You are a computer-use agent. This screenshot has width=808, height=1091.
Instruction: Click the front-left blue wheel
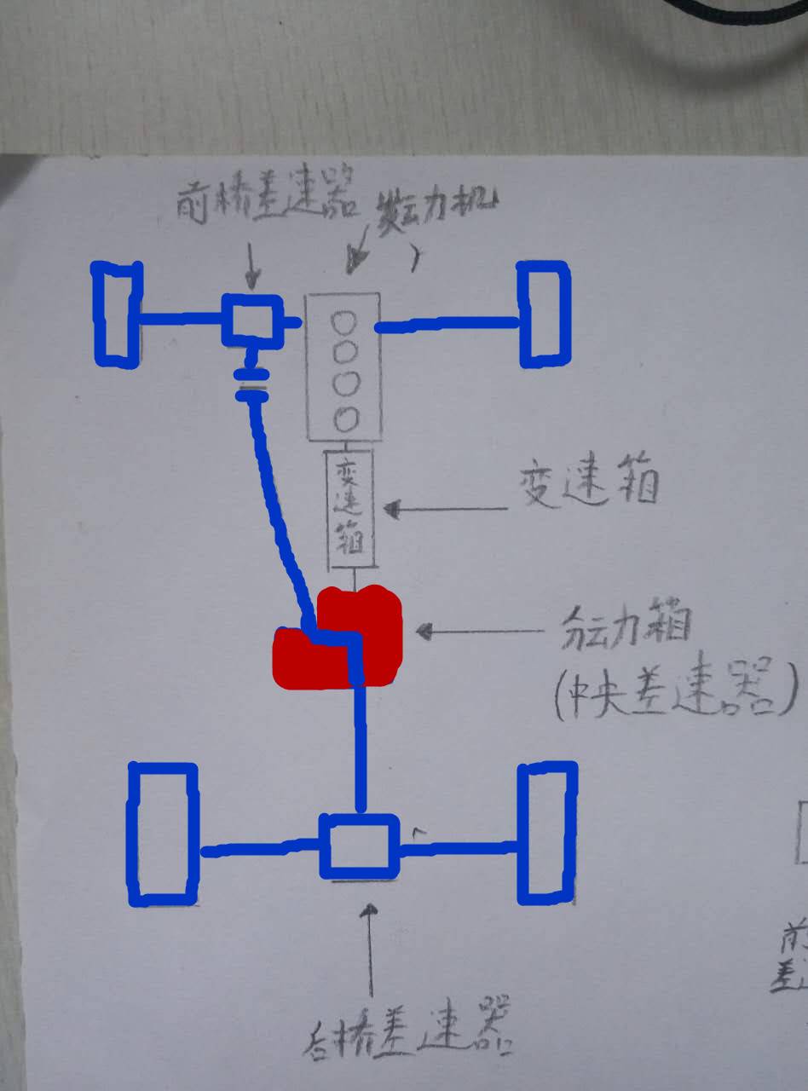pyautogui.click(x=117, y=314)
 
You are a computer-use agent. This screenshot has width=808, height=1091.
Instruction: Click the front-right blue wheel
pyautogui.click(x=543, y=314)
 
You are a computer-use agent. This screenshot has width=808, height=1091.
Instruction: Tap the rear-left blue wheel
pyautogui.click(x=162, y=834)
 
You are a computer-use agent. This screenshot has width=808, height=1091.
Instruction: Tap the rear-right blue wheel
pyautogui.click(x=547, y=834)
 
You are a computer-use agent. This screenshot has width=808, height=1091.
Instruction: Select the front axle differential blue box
pyautogui.click(x=251, y=320)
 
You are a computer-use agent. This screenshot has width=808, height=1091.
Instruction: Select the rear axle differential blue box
pyautogui.click(x=359, y=846)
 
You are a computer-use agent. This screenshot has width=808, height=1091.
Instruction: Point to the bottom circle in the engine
pyautogui.click(x=343, y=419)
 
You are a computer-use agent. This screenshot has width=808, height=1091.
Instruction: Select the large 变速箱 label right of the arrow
pyautogui.click(x=589, y=487)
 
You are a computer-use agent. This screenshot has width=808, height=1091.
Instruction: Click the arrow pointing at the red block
pyautogui.click(x=478, y=632)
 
